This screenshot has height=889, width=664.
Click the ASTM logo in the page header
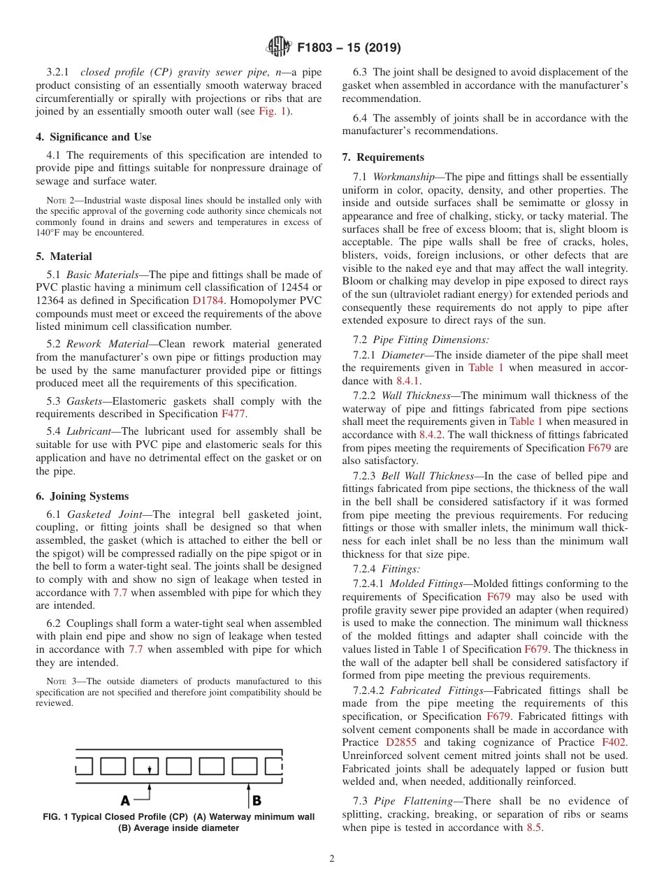pyautogui.click(x=280, y=48)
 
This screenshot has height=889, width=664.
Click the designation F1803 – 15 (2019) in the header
pyautogui.click(x=349, y=48)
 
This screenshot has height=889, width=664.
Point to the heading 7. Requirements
pyautogui.click(x=383, y=157)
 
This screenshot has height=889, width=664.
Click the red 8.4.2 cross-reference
pyautogui.click(x=432, y=435)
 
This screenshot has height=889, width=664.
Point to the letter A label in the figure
pyautogui.click(x=125, y=800)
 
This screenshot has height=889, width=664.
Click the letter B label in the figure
pyautogui.click(x=257, y=800)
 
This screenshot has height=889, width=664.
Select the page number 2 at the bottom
pyautogui.click(x=331, y=859)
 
